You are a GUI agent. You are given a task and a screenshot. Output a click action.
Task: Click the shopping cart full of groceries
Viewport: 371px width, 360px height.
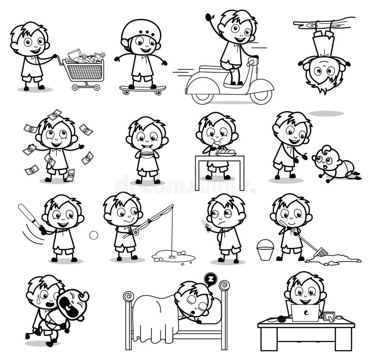[x=83, y=69]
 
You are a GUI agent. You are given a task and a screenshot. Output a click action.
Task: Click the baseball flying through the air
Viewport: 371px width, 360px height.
[x=94, y=235]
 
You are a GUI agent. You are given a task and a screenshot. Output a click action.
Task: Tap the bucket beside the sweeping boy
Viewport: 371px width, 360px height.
[x=265, y=250]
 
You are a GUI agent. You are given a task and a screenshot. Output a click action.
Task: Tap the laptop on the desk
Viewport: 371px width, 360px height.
[x=305, y=313]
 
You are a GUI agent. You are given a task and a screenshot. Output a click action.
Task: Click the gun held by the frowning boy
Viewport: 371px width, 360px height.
[x=206, y=224]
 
